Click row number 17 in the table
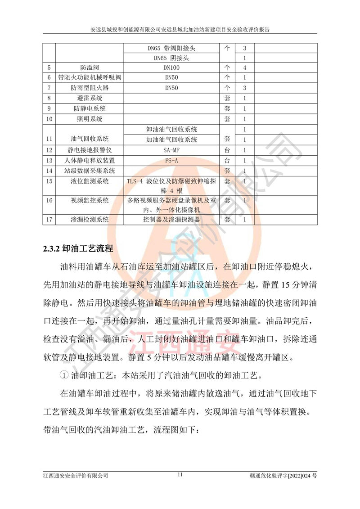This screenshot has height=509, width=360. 49,220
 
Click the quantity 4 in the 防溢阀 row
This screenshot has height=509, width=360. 244,68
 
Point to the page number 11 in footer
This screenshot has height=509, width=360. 180,474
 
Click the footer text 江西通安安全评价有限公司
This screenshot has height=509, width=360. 76,475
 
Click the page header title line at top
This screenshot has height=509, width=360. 180,30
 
